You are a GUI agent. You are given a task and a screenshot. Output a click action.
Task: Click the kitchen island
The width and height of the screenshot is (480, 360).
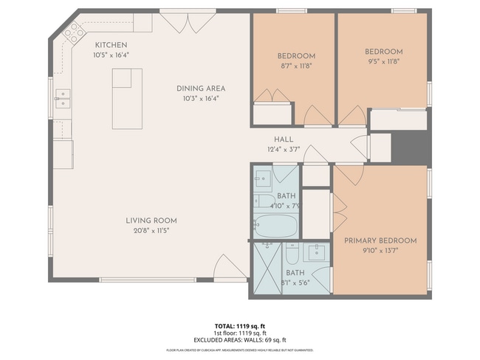[x=126, y=98]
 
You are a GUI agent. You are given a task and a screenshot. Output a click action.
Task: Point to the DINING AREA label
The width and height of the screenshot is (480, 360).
[x=200, y=89]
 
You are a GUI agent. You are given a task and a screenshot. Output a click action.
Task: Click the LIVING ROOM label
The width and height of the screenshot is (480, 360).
[x=151, y=221]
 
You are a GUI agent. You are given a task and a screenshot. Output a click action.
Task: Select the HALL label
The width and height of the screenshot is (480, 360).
[x=284, y=139]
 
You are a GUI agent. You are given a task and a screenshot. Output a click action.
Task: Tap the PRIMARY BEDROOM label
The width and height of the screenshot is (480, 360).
[x=380, y=240]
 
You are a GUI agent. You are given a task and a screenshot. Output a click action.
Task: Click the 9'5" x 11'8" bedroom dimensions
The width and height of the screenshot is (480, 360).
[x=384, y=61]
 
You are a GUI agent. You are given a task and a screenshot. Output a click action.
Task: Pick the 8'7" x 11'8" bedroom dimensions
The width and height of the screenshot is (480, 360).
[x=296, y=66]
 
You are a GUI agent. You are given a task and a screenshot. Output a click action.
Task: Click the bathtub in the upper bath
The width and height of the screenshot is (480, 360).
[x=275, y=225]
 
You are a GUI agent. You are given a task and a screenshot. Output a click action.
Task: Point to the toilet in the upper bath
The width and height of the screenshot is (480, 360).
[x=265, y=201]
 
